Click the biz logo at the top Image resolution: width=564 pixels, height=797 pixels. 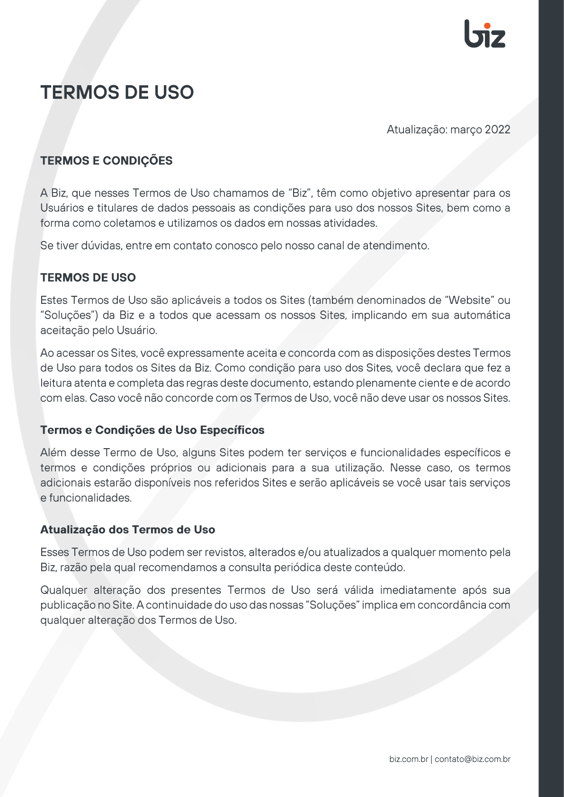click(484, 34)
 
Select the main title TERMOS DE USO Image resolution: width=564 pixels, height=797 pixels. click(117, 92)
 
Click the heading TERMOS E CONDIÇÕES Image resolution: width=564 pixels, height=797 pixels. click(106, 161)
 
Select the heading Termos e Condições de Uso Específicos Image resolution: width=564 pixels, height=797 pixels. click(152, 430)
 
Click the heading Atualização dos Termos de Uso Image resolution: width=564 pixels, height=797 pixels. click(127, 530)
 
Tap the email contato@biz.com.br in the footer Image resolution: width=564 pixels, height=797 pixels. click(472, 759)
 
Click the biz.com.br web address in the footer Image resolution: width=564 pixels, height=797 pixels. click(408, 759)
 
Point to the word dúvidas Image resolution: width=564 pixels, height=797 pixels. click(101, 246)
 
